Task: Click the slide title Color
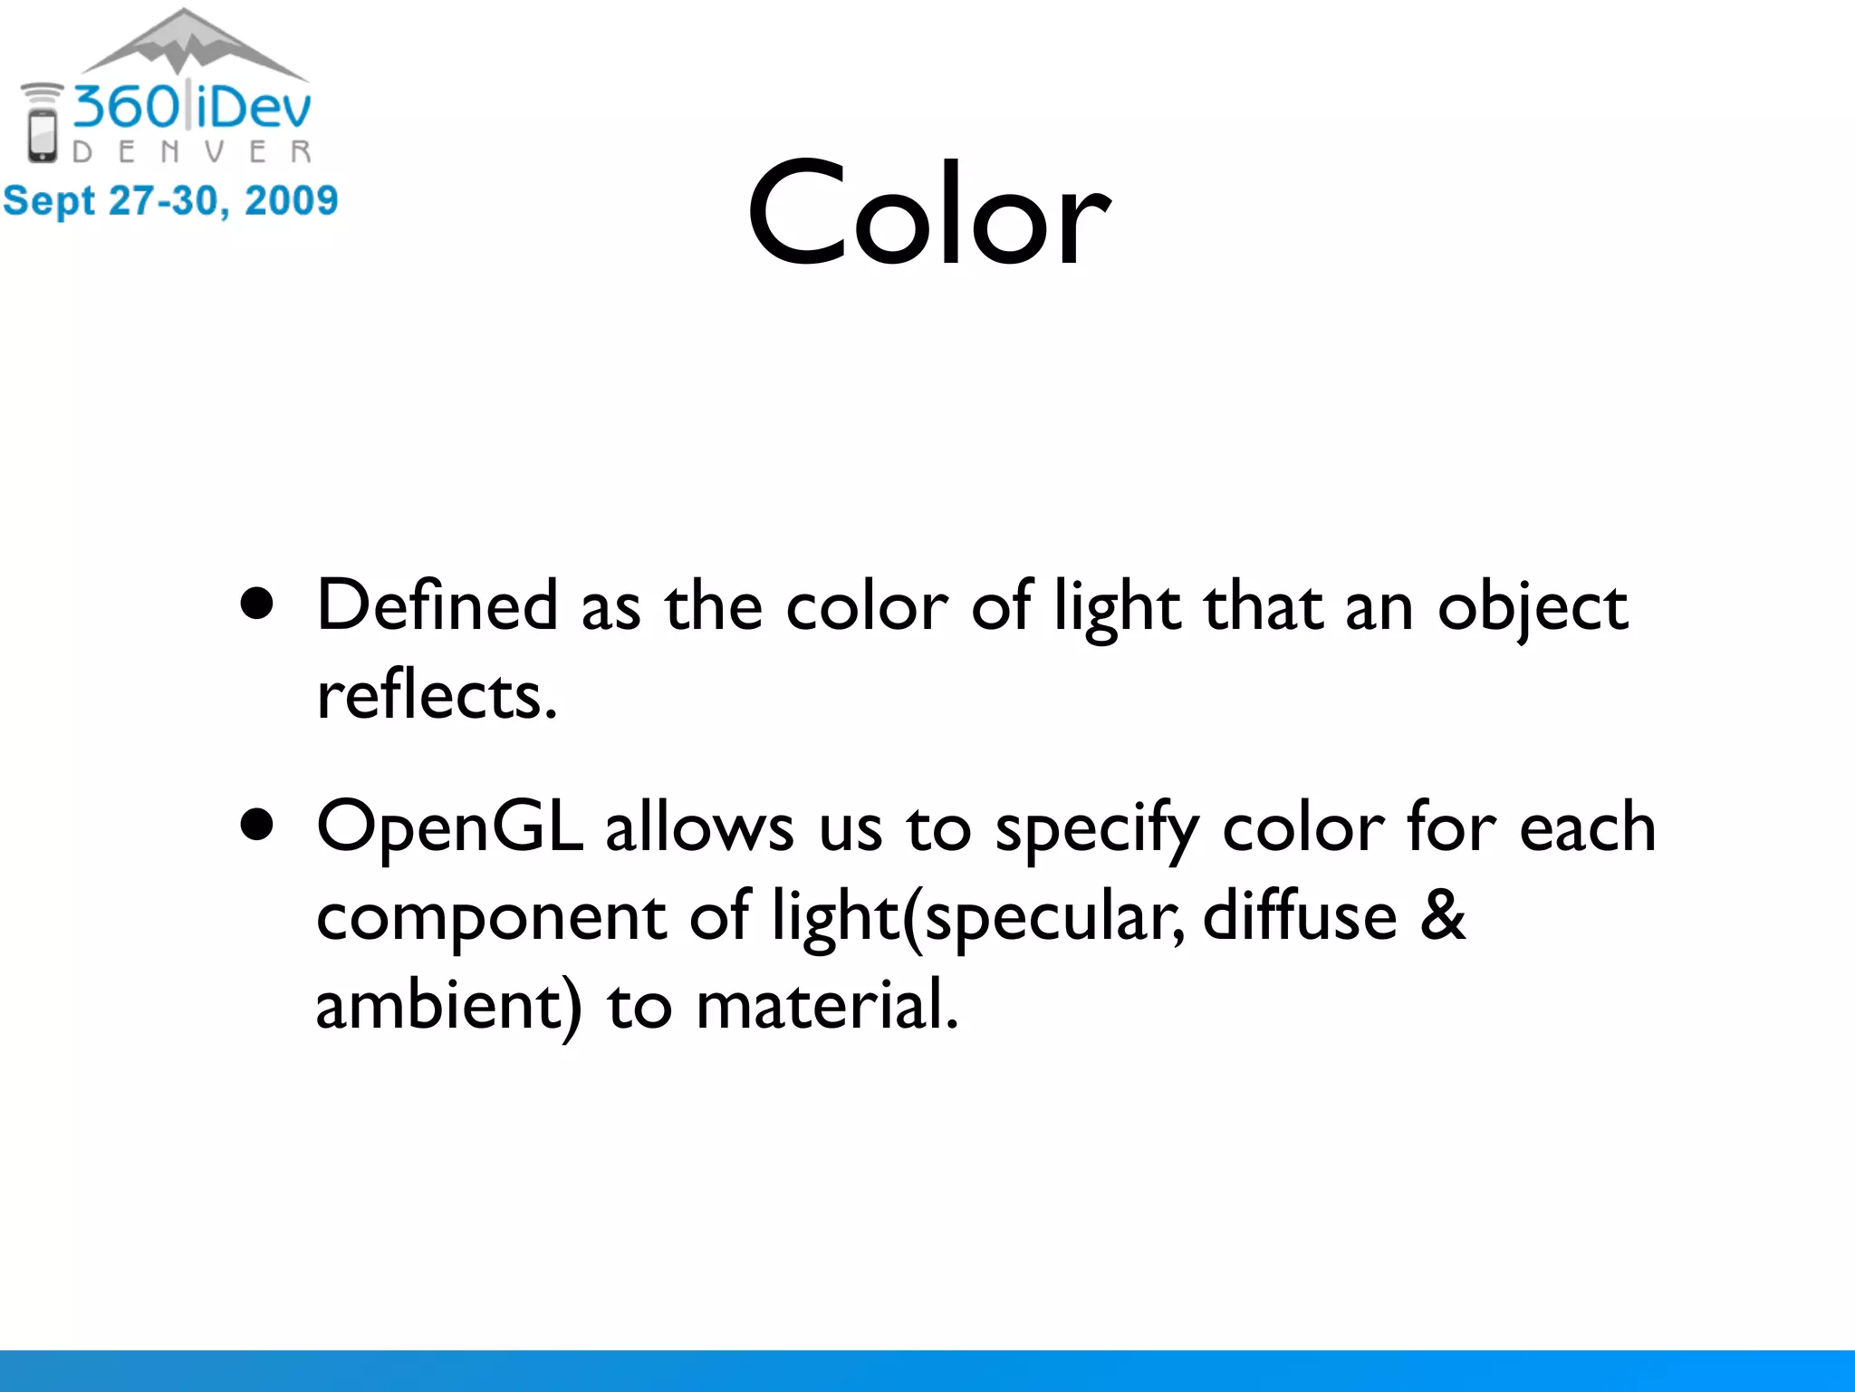pyautogui.click(x=928, y=214)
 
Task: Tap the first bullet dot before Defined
pyautogui.click(x=257, y=604)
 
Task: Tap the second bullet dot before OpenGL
pyautogui.click(x=257, y=825)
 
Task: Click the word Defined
pyautogui.click(x=437, y=605)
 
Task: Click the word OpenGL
pyautogui.click(x=449, y=828)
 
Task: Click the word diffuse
pyautogui.click(x=1300, y=915)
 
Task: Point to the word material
pyautogui.click(x=826, y=1006)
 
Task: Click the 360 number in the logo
pyautogui.click(x=127, y=107)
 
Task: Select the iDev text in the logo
pyautogui.click(x=254, y=107)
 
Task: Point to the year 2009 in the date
pyautogui.click(x=292, y=201)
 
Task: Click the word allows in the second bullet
pyautogui.click(x=699, y=828)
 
